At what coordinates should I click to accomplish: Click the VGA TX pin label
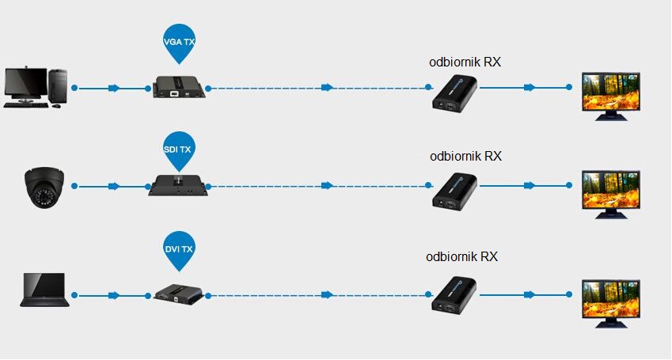point(178,40)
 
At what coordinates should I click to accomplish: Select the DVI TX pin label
point(178,249)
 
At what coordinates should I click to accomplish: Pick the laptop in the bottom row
point(44,291)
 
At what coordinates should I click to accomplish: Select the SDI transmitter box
point(178,186)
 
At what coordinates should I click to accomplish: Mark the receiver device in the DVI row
point(454,294)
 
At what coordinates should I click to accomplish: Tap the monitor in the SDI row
point(610,191)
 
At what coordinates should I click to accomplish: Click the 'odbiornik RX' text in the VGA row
point(465,62)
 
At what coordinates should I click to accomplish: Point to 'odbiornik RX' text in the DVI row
point(461,256)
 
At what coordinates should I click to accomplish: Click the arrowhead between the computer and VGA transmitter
point(114,88)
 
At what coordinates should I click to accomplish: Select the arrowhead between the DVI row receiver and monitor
point(528,294)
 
